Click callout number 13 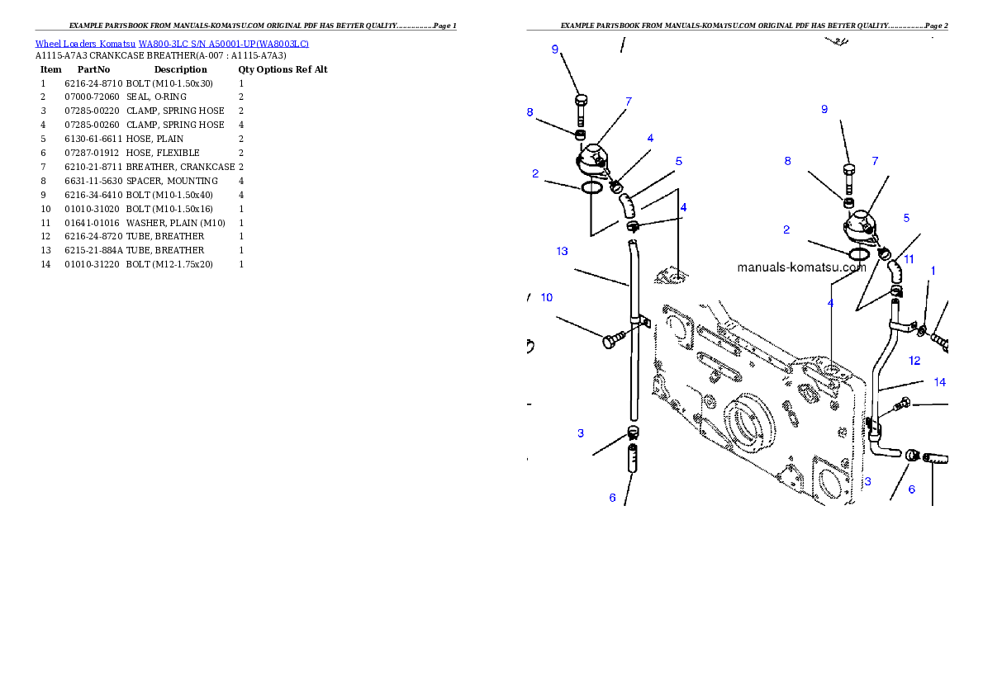tap(562, 251)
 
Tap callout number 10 tap(547, 297)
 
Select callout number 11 tap(909, 258)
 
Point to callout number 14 tap(940, 382)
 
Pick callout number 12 tap(914, 360)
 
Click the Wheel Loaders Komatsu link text tap(172, 43)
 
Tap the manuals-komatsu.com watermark tap(801, 267)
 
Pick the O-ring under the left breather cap tap(591, 188)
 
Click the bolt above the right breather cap tap(849, 177)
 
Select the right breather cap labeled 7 tap(859, 224)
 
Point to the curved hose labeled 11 tap(895, 270)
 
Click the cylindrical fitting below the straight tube tap(633, 460)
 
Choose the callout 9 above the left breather tap(555, 49)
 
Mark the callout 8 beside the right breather tap(787, 161)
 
